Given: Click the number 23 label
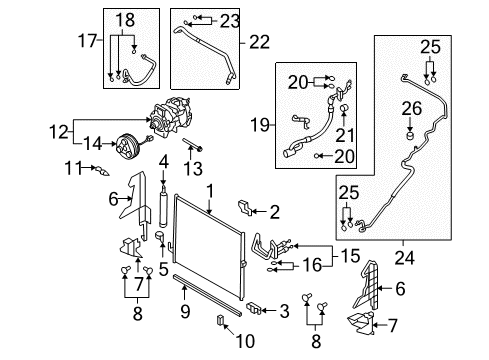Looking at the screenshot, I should coord(230,18).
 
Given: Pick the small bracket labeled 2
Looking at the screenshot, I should coord(243,208).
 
